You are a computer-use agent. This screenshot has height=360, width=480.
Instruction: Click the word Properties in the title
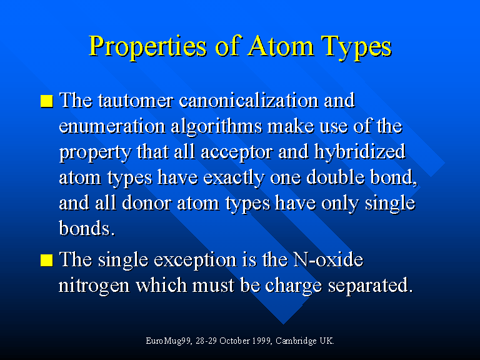click(x=148, y=47)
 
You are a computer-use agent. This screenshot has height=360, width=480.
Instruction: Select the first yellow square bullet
click(x=46, y=101)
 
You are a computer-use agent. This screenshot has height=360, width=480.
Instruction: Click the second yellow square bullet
click(x=46, y=260)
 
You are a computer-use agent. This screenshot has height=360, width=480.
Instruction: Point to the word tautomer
click(x=136, y=101)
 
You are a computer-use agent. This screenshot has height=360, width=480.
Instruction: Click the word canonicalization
click(x=249, y=100)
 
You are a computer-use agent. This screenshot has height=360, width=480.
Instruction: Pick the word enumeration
click(x=112, y=126)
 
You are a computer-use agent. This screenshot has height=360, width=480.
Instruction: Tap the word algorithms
click(x=216, y=126)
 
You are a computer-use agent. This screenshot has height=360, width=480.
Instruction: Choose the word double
click(x=335, y=177)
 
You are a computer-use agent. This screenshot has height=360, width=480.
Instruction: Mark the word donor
click(x=146, y=203)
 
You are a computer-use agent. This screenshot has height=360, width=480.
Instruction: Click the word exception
click(x=195, y=261)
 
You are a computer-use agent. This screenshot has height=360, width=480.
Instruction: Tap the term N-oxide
click(x=328, y=259)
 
